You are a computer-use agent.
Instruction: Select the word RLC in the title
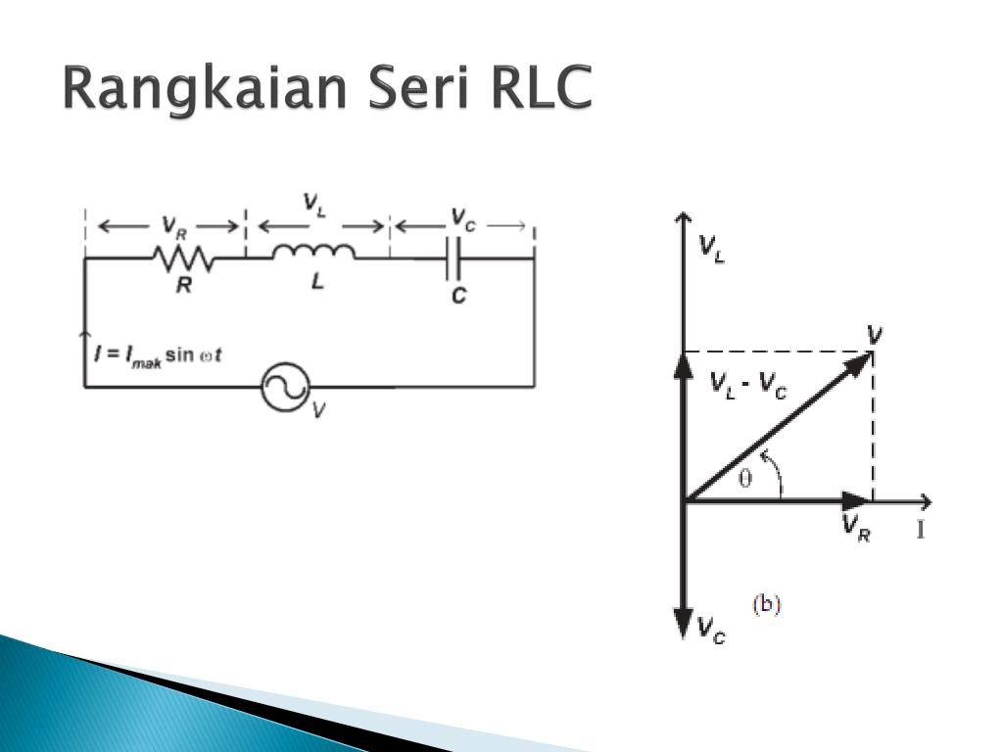[x=544, y=91]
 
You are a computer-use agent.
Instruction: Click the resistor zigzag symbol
[x=182, y=258]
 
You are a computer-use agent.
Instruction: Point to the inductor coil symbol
[x=313, y=254]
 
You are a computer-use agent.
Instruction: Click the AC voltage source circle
[x=285, y=387]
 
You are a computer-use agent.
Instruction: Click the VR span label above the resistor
[x=169, y=227]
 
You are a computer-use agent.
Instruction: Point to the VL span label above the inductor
[x=314, y=205]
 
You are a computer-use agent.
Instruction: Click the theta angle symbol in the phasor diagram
[x=746, y=480]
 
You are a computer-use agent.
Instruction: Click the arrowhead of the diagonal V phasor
[x=861, y=361]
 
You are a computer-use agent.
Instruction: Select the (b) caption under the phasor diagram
[x=766, y=604]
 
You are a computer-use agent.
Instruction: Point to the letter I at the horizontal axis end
[x=921, y=532]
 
